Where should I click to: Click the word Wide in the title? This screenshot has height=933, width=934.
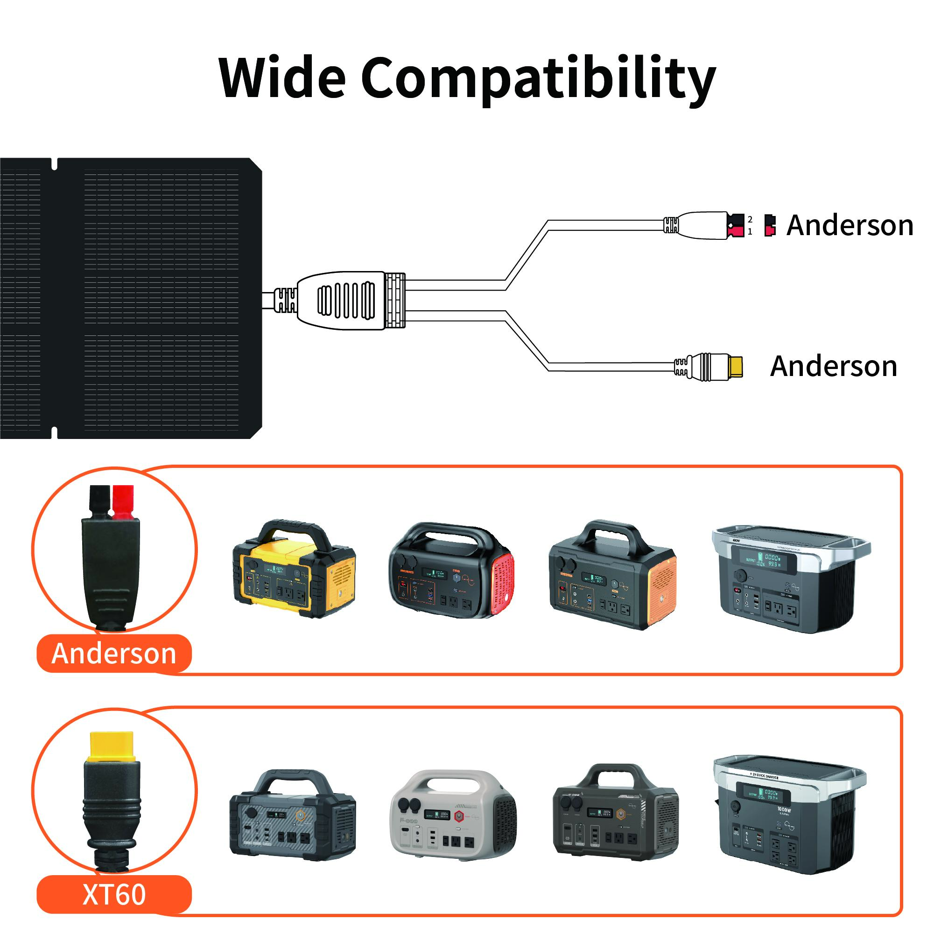pos(282,77)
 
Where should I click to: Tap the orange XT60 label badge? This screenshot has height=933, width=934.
pos(114,894)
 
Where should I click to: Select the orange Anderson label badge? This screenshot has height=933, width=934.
pos(114,654)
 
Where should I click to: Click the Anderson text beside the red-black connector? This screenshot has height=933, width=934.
pos(850,225)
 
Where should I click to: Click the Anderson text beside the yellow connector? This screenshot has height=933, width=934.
pos(834,366)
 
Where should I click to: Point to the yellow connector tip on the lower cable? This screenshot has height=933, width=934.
pos(735,367)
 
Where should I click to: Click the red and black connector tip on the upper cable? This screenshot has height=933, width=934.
pos(735,225)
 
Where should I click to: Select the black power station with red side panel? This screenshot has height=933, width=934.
pos(451,571)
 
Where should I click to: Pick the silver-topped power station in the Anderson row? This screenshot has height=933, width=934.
pos(789,579)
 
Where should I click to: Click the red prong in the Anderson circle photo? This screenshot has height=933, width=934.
pos(123,502)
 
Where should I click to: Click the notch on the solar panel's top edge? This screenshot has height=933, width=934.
pos(54,164)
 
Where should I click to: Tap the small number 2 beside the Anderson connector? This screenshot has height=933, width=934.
pos(750,219)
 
